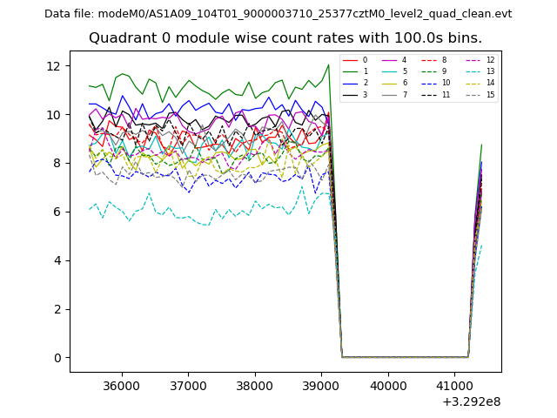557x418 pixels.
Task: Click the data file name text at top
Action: (x=278, y=14)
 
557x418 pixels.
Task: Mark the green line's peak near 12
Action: (x=328, y=64)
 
